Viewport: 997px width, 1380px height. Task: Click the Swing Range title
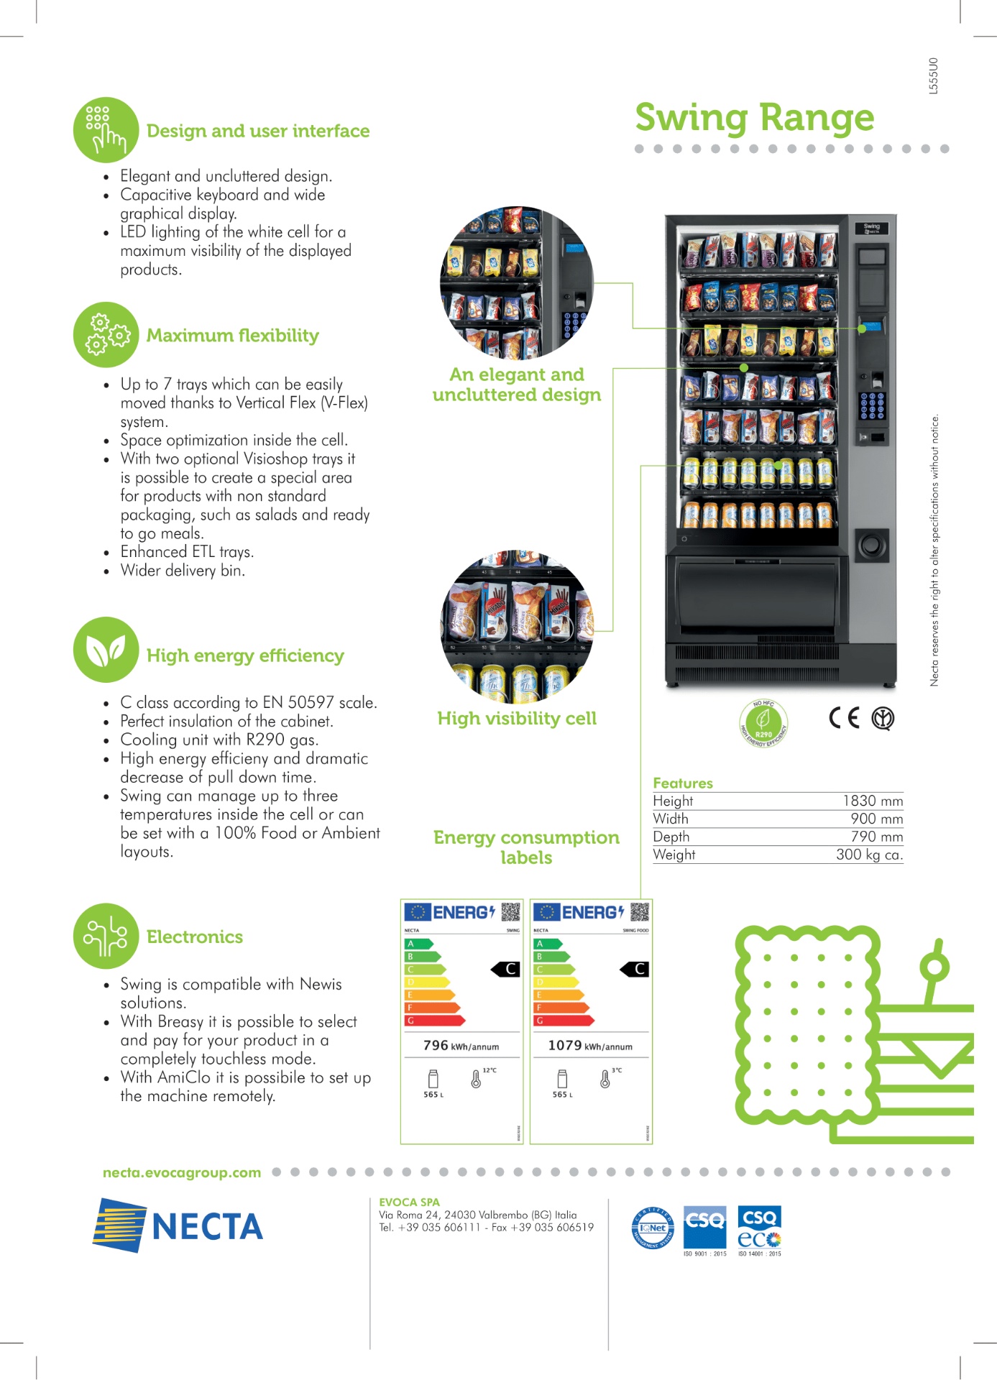pyautogui.click(x=754, y=117)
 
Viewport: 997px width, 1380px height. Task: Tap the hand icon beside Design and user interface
pyautogui.click(x=106, y=130)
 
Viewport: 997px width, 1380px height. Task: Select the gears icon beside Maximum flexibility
pyautogui.click(x=106, y=334)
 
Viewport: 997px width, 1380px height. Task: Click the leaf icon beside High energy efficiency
pyautogui.click(x=106, y=650)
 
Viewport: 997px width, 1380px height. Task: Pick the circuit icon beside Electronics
pyautogui.click(x=106, y=936)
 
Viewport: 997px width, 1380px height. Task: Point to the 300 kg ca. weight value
pyautogui.click(x=869, y=855)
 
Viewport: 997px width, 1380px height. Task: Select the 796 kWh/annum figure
pyautogui.click(x=461, y=1046)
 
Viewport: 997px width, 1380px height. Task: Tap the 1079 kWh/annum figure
pyautogui.click(x=590, y=1046)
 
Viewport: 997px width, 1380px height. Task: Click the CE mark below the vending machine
pyautogui.click(x=844, y=718)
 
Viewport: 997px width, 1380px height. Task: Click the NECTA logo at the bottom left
pyautogui.click(x=178, y=1226)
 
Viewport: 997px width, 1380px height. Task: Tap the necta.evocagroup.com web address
pyautogui.click(x=182, y=1172)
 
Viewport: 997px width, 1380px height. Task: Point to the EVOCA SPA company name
pyautogui.click(x=409, y=1202)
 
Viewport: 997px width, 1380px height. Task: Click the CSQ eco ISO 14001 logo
pyautogui.click(x=759, y=1230)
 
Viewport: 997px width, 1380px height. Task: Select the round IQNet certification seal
pyautogui.click(x=653, y=1228)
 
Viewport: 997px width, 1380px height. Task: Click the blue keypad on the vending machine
pyautogui.click(x=872, y=405)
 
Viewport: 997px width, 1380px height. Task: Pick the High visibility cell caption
pyautogui.click(x=517, y=719)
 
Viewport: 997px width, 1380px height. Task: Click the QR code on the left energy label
pyautogui.click(x=510, y=912)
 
